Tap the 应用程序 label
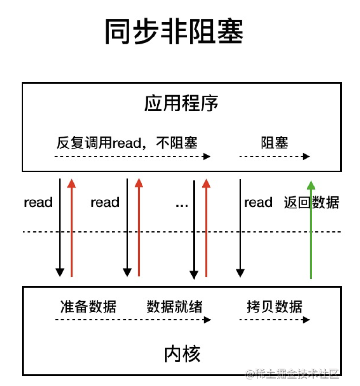[181, 104]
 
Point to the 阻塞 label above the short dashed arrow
[274, 142]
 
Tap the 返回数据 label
[311, 202]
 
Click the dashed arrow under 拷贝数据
[274, 320]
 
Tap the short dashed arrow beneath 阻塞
[274, 156]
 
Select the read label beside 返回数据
[258, 202]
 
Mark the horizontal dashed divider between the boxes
[182, 232]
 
